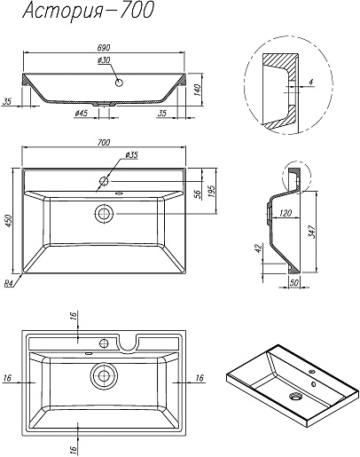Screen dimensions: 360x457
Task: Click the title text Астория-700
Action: [88, 12]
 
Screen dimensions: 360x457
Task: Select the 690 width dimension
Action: [104, 47]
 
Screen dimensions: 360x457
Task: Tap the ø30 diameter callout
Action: [104, 60]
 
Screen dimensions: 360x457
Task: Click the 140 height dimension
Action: [198, 90]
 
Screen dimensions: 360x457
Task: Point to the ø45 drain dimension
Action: [82, 113]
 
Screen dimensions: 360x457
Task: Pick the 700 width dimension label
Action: [104, 142]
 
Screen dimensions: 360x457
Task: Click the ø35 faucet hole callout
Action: [131, 154]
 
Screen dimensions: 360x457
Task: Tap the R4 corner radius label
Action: [9, 284]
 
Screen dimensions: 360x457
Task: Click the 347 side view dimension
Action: [312, 232]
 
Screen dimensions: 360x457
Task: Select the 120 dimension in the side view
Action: [286, 213]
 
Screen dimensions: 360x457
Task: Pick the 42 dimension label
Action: [258, 248]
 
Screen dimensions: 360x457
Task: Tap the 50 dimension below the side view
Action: [294, 282]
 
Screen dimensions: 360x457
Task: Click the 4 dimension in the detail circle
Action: [311, 83]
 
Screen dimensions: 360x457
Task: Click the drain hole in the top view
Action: [104, 214]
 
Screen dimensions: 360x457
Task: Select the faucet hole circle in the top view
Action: [104, 181]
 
